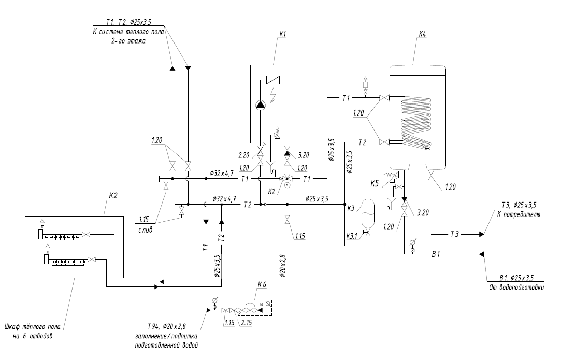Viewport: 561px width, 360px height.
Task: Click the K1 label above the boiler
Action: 283,34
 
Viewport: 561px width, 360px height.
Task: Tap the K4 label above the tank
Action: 423,34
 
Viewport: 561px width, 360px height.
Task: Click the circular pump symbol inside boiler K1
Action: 261,105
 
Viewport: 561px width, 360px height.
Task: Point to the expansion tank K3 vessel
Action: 368,213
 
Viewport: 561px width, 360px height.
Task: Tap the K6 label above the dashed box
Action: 262,285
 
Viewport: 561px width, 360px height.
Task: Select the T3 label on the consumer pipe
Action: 454,235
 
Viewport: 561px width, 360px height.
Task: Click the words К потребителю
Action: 519,215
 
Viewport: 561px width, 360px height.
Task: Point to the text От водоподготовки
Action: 516,287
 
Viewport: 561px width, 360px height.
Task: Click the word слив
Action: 145,230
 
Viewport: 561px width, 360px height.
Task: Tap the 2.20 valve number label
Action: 243,155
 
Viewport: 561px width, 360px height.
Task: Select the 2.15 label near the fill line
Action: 247,322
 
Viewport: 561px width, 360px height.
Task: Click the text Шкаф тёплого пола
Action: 33,327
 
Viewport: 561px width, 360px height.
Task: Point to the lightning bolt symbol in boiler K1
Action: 273,94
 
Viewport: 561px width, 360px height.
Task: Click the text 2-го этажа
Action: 128,41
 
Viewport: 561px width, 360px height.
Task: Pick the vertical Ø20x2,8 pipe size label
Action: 283,266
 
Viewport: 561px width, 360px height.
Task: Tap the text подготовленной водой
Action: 166,345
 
